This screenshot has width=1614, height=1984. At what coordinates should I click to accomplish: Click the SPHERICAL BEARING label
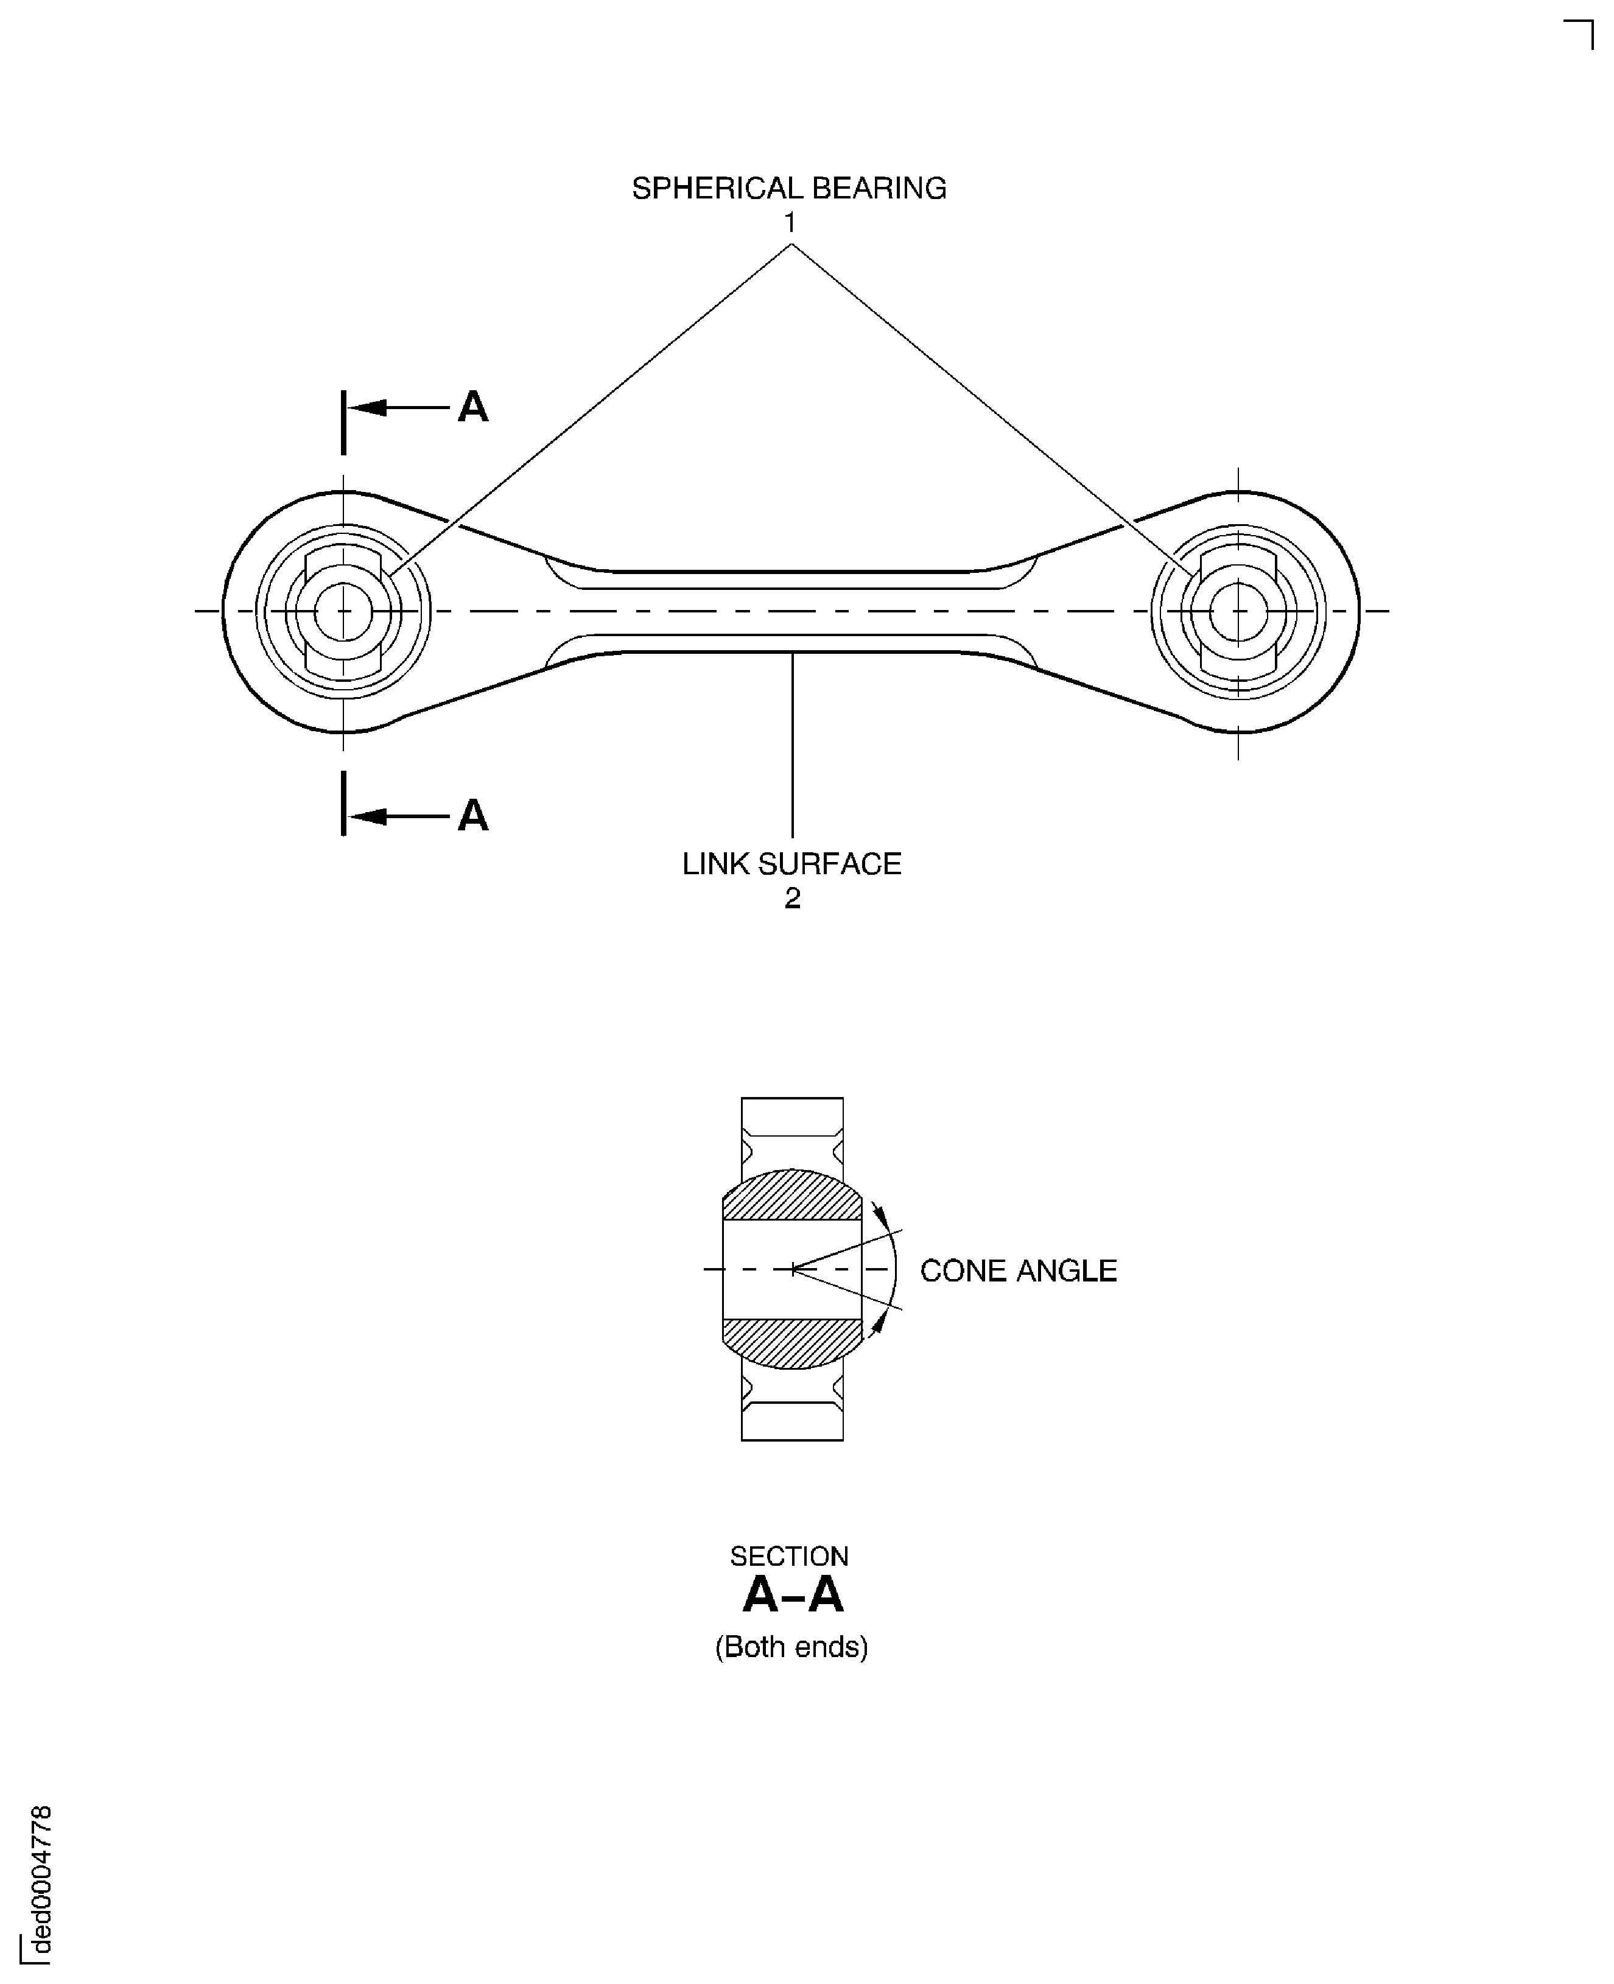788,189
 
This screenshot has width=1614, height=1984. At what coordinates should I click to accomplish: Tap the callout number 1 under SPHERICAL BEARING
789,223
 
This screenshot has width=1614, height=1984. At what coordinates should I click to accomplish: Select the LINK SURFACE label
791,864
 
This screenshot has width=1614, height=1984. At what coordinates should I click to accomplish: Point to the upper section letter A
472,407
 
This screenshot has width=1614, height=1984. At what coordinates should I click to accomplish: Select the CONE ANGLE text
1018,1271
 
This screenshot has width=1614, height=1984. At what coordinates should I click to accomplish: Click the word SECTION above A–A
788,1556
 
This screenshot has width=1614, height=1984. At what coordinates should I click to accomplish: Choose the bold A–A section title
792,1596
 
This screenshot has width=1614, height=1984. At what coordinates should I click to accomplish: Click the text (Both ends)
791,1647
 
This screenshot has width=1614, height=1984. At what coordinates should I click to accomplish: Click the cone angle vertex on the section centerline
792,1269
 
